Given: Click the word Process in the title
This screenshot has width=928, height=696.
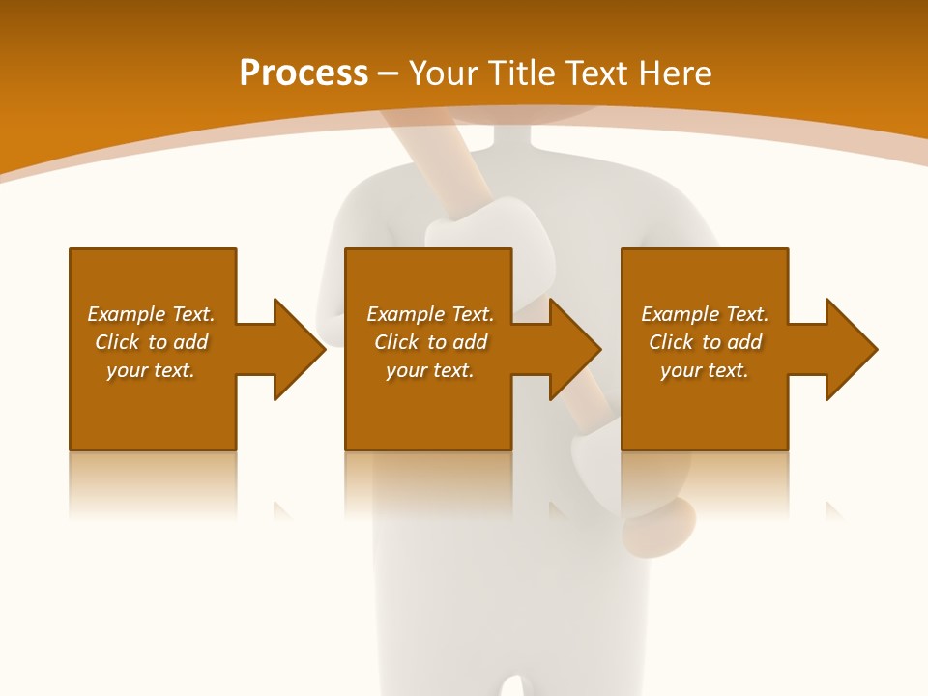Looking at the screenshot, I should (304, 73).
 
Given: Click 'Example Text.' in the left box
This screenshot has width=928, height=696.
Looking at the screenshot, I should (151, 314).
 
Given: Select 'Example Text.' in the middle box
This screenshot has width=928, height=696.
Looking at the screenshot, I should (429, 314).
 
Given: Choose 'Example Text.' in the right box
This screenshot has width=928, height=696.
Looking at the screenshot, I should (704, 314).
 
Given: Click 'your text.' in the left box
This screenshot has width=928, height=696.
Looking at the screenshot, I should (151, 370).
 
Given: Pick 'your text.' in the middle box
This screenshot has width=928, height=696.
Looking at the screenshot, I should (429, 370).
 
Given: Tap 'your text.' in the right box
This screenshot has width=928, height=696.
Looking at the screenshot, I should (704, 370).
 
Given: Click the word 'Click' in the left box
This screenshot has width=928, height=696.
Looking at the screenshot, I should (118, 342).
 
